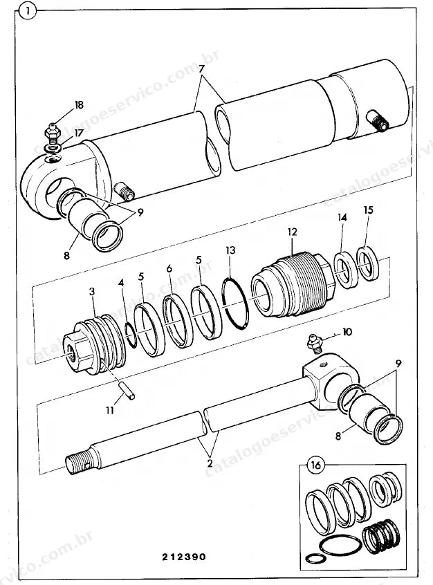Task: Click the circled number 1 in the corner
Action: tap(27, 11)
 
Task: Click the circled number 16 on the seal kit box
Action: tap(315, 465)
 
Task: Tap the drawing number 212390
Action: tap(184, 557)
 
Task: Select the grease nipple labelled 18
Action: tap(53, 134)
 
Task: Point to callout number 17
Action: tap(78, 133)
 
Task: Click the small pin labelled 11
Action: tap(127, 389)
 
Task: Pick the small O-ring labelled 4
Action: tap(130, 335)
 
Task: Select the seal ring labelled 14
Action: tap(345, 270)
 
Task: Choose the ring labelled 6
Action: tap(178, 321)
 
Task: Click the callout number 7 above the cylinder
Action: tap(201, 69)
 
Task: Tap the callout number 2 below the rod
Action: tap(210, 463)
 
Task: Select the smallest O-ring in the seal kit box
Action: tap(315, 558)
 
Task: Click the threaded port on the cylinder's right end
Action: tap(378, 120)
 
